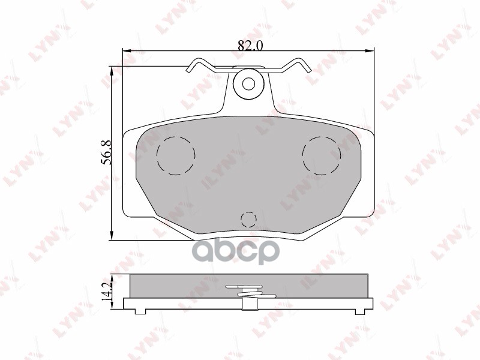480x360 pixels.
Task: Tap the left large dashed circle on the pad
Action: click(x=175, y=156)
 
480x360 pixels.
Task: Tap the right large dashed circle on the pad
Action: click(x=322, y=156)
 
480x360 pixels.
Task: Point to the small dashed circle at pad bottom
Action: click(x=248, y=219)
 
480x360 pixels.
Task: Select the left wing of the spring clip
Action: click(x=201, y=65)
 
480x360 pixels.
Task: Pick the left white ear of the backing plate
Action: click(x=130, y=174)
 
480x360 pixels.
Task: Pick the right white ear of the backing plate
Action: click(x=367, y=174)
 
